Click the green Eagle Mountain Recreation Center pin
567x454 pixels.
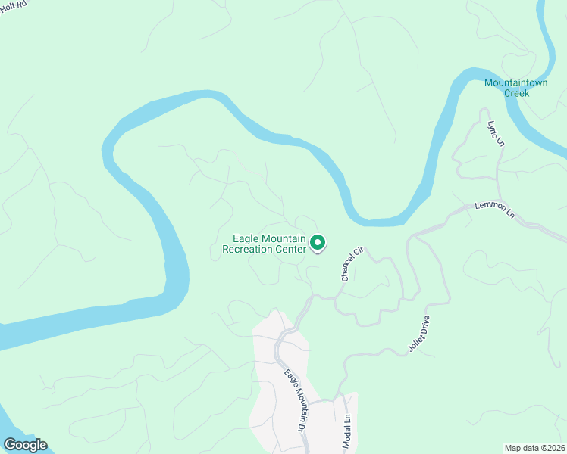click(318, 243)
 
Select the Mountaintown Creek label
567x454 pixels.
click(515, 87)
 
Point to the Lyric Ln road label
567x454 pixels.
click(495, 133)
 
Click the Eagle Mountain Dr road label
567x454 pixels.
click(298, 401)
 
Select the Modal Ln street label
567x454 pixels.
click(348, 428)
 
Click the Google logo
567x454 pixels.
click(24, 445)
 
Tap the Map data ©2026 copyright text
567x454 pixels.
click(534, 448)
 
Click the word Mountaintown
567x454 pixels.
click(515, 82)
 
